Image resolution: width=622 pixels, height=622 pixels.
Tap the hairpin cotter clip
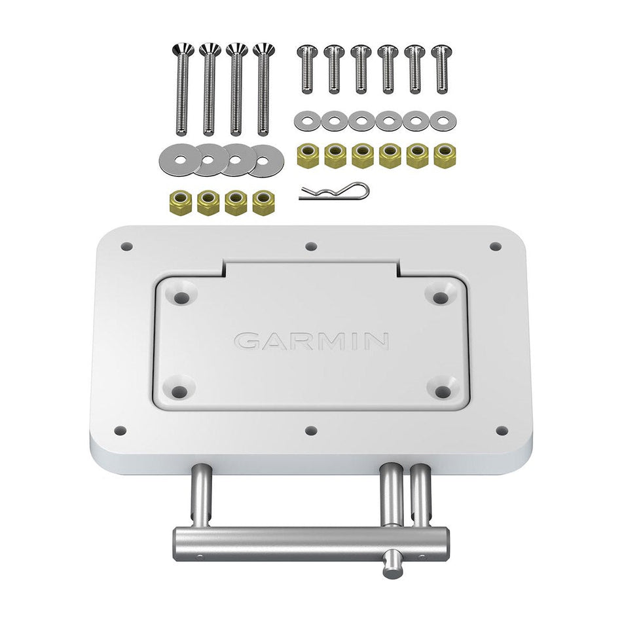[x=335, y=192]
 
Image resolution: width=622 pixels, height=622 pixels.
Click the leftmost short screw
[x=306, y=69]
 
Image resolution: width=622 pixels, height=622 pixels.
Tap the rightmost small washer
[x=444, y=120]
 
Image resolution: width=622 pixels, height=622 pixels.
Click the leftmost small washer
[x=306, y=120]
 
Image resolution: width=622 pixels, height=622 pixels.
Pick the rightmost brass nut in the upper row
[x=444, y=156]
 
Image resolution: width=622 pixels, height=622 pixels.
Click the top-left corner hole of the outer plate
[x=127, y=247]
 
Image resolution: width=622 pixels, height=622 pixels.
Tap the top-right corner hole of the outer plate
[x=496, y=247]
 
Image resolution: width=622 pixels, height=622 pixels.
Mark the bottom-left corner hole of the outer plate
[x=120, y=430]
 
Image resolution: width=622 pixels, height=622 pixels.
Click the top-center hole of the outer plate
[x=312, y=247]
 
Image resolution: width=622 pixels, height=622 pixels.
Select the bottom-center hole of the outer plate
[x=312, y=430]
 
